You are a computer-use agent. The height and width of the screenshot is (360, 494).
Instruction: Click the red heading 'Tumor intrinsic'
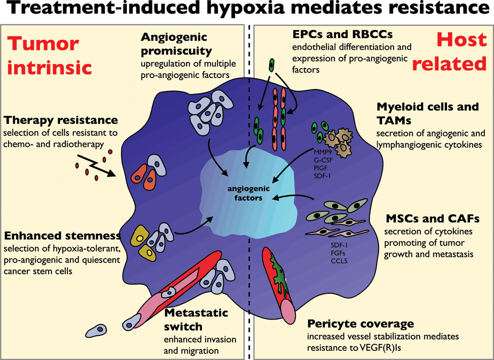[50, 55]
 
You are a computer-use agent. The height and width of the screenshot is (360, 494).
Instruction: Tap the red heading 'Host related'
[449, 52]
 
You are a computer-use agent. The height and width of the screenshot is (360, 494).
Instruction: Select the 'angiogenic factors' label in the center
[249, 193]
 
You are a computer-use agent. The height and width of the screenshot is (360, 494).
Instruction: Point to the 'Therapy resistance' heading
[61, 120]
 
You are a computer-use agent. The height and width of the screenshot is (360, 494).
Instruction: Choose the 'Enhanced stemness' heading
[62, 235]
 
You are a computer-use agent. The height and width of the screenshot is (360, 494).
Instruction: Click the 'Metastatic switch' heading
[196, 319]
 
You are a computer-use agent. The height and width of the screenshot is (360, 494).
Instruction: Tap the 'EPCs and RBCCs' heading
[343, 34]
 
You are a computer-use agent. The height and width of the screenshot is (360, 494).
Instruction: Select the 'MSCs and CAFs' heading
[433, 218]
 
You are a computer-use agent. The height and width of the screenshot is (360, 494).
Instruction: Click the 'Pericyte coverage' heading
[360, 324]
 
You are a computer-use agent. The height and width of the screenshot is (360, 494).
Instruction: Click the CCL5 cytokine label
[339, 261]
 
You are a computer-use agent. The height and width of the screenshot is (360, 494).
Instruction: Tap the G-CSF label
[323, 160]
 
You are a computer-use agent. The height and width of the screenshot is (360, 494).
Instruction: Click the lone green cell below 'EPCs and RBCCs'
[271, 65]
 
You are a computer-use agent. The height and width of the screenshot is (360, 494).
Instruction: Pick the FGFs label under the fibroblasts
[338, 253]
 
